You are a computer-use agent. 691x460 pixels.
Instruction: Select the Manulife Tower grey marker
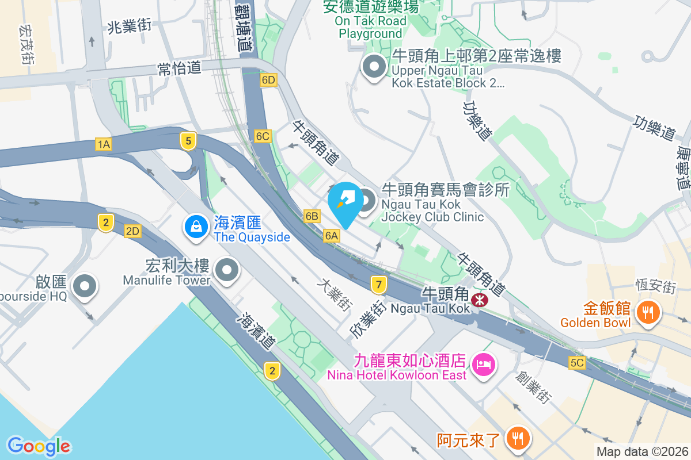coord(227,270)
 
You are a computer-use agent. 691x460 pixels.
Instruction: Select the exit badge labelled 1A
coord(104,144)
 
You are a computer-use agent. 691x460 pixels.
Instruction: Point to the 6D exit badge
coord(268,80)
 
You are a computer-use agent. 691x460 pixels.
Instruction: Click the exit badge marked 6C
coord(263,136)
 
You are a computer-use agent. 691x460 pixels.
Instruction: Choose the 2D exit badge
coord(132,231)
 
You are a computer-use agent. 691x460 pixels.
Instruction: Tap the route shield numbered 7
coord(378,284)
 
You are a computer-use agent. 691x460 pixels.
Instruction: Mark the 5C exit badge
coord(577,363)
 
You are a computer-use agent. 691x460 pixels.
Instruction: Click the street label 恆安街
coord(654,285)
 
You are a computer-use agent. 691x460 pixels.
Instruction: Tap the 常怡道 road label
coord(180,68)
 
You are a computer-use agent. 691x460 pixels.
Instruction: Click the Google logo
coord(39,446)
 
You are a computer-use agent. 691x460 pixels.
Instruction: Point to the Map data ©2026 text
coord(642,452)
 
